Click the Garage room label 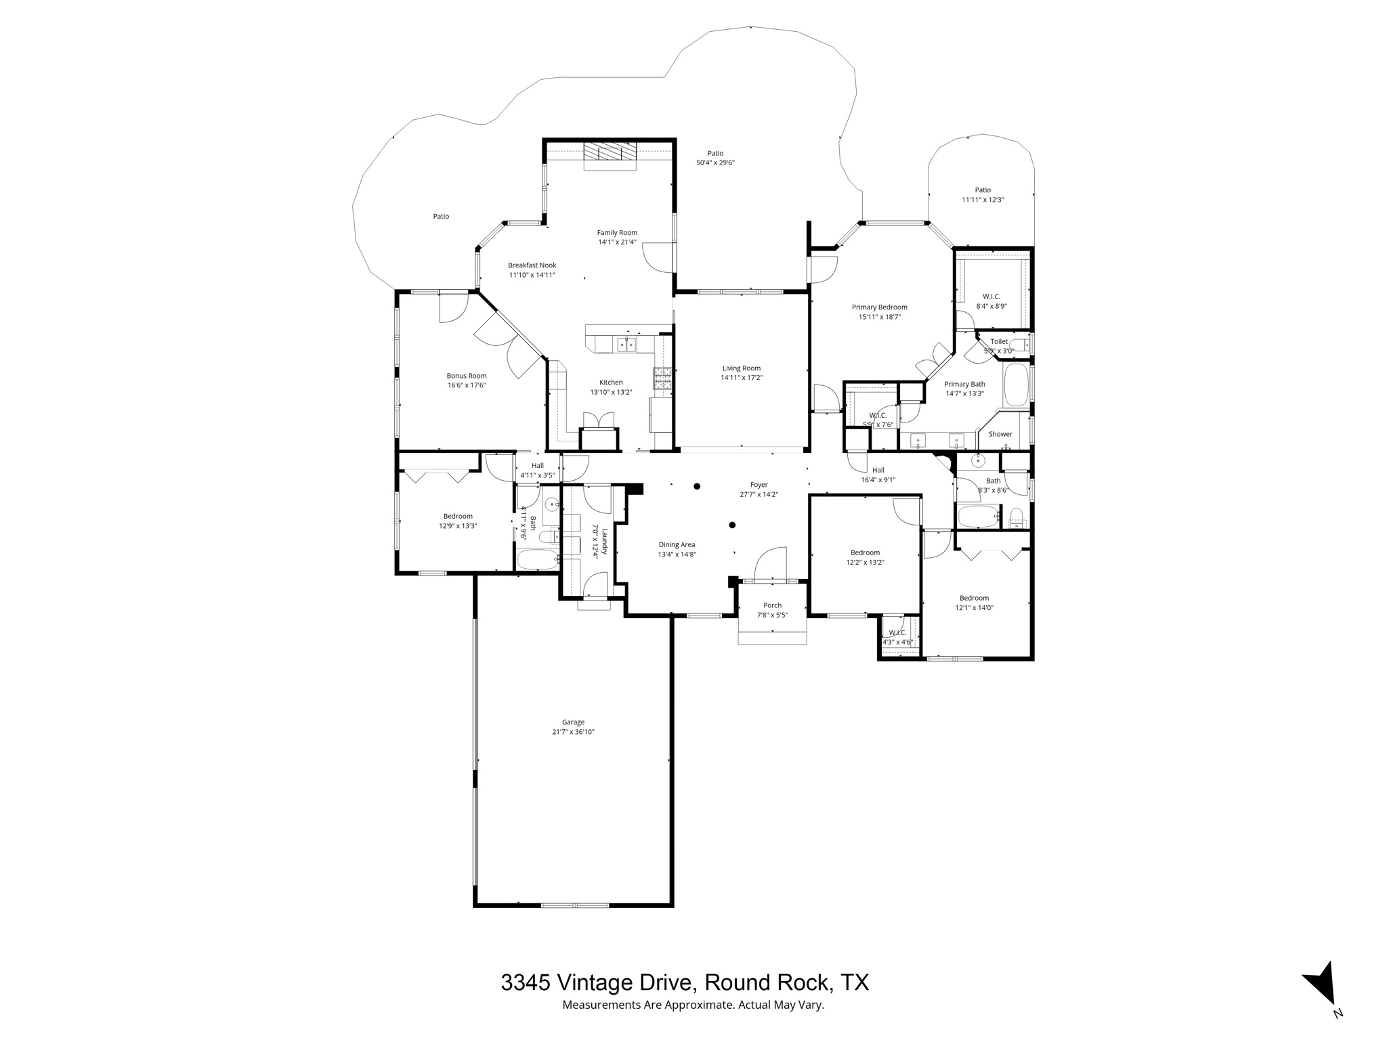pos(573,722)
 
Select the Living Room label pos(742,368)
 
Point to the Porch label pos(772,605)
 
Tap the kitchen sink pos(626,345)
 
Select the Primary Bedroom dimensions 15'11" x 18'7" pos(879,317)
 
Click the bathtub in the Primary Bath pos(1015,385)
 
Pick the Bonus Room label pos(466,376)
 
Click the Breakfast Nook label pos(532,265)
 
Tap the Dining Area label pos(677,544)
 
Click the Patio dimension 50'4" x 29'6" pos(715,162)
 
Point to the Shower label pos(1000,434)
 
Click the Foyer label pos(759,485)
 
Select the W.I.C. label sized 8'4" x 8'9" pos(991,297)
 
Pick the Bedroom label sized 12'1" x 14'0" pos(974,598)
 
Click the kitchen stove pos(662,378)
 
